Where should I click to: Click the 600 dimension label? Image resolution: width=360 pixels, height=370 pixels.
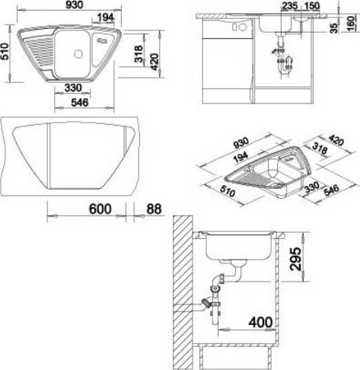click(100, 209)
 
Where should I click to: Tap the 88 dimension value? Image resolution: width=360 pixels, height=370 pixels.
click(154, 209)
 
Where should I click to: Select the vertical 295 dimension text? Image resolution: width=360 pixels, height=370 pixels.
click(295, 259)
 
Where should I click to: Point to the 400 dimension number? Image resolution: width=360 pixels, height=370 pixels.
click(260, 322)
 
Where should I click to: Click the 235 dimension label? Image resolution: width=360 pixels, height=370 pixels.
click(289, 6)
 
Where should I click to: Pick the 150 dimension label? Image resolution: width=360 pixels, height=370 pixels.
click(311, 6)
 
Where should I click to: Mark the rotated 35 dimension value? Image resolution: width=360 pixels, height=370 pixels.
click(335, 27)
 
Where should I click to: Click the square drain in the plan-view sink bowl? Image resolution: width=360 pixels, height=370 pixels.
click(78, 54)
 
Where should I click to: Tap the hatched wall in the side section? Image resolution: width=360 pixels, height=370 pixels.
click(183, 292)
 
